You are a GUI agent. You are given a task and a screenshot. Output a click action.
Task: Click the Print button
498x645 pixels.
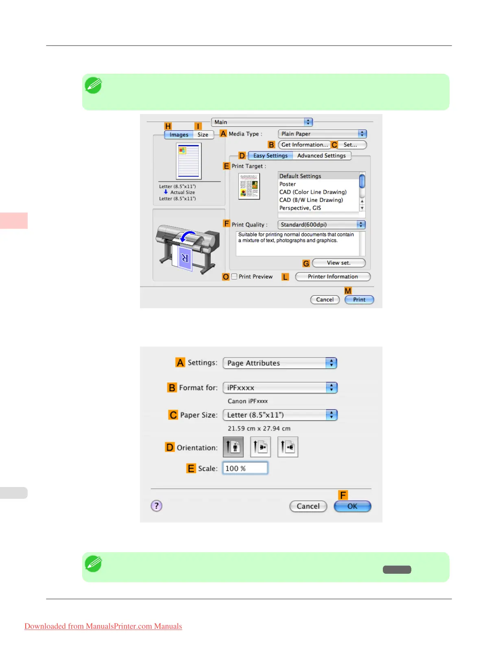click(359, 300)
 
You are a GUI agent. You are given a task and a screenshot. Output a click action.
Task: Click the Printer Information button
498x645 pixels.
click(332, 277)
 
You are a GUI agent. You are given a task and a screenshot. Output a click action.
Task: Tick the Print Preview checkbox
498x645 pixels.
click(234, 276)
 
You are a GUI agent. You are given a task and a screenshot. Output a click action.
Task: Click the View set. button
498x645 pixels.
click(339, 263)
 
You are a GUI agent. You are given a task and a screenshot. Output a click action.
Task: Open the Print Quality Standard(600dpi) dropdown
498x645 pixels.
click(321, 225)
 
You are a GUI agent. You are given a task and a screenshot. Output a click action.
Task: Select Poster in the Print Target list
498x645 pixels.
click(288, 184)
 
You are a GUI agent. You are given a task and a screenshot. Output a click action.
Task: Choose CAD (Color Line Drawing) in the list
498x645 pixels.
click(313, 192)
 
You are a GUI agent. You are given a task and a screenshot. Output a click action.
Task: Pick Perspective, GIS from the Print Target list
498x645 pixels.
click(300, 208)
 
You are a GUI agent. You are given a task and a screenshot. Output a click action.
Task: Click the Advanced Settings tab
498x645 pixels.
click(321, 156)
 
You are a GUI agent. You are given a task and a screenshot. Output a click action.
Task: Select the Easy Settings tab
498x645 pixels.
click(270, 156)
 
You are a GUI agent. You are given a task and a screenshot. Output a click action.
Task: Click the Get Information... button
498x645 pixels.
click(304, 145)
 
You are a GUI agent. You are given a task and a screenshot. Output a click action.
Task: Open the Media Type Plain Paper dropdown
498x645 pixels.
click(322, 134)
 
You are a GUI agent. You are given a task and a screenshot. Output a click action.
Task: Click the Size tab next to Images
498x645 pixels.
click(203, 135)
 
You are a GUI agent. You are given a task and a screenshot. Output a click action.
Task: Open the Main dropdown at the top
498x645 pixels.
click(262, 122)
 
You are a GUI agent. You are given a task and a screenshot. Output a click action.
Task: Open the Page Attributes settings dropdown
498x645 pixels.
click(280, 363)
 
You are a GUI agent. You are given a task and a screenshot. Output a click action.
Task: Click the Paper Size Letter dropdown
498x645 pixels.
click(280, 415)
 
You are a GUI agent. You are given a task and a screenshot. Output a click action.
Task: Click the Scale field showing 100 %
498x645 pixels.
click(245, 468)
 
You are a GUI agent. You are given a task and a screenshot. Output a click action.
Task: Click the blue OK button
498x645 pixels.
click(352, 506)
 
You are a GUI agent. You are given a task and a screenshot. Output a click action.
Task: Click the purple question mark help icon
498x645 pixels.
click(157, 506)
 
